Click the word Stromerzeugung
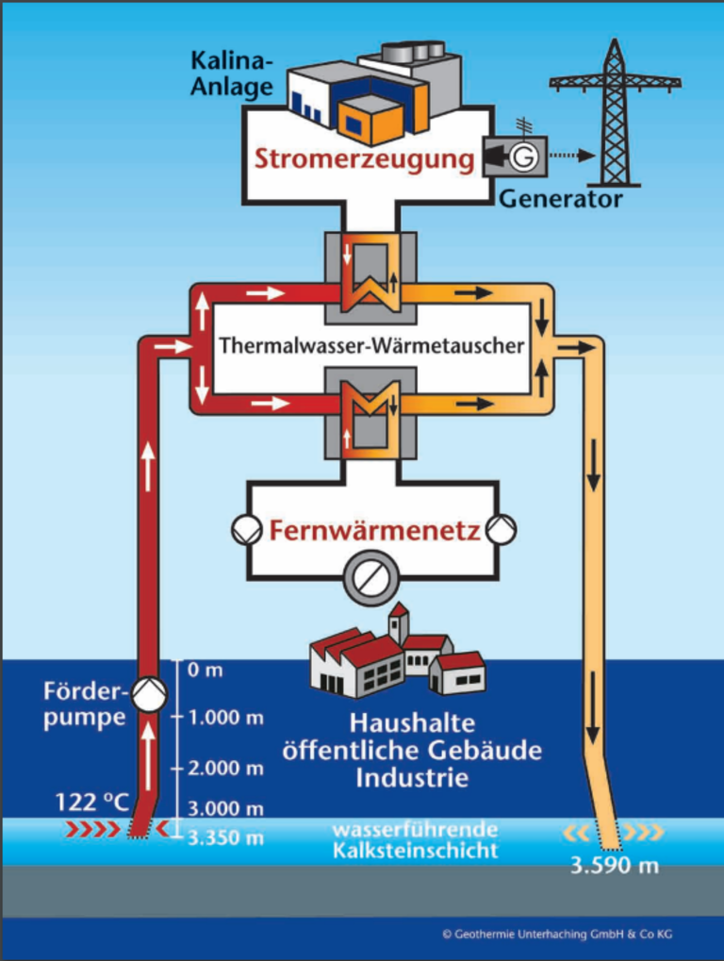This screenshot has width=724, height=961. click(x=365, y=159)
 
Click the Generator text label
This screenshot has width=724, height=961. click(x=561, y=199)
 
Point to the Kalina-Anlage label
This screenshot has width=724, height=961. click(x=232, y=74)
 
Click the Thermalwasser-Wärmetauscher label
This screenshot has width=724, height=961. click(x=371, y=346)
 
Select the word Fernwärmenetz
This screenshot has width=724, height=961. click(x=375, y=530)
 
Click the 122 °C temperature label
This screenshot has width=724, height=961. click(x=91, y=803)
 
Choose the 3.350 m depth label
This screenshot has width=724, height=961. click(x=225, y=837)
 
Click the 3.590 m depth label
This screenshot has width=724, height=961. click(x=615, y=866)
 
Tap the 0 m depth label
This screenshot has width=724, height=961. click(x=206, y=670)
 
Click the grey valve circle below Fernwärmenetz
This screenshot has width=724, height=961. click(x=370, y=577)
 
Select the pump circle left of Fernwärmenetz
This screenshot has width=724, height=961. click(x=247, y=529)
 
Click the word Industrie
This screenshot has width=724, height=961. click(x=412, y=778)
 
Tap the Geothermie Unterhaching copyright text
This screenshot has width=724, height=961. click(x=557, y=934)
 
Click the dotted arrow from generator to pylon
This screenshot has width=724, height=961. click(x=571, y=156)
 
